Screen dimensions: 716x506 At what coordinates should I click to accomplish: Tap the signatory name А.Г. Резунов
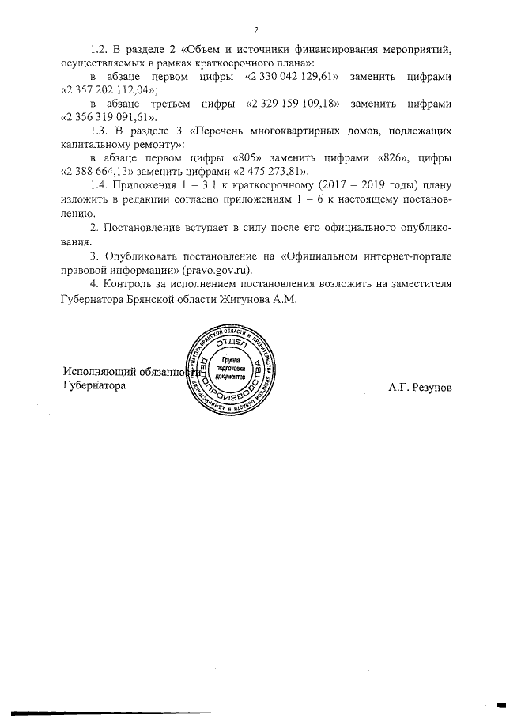tap(420, 388)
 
